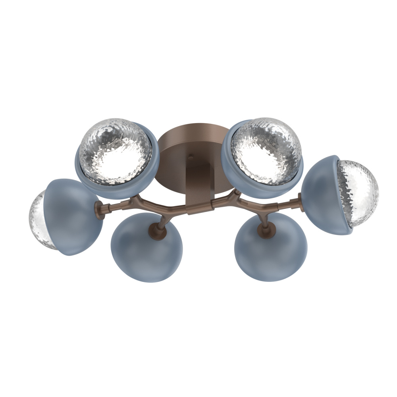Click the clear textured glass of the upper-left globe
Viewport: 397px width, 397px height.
(115, 151)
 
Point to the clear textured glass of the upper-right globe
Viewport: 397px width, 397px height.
(266, 151)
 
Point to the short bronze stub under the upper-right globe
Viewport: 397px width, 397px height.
(237, 193)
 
